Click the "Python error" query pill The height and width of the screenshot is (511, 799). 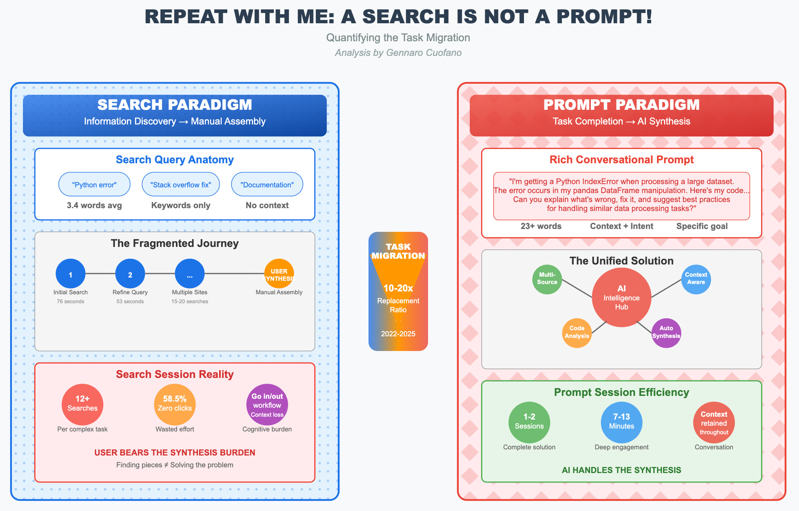tap(94, 184)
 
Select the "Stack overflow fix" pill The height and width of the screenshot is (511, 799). tap(180, 184)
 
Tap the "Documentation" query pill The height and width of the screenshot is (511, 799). tap(267, 184)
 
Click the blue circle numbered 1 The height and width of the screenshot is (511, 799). tap(71, 274)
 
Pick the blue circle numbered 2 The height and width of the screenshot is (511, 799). tap(130, 274)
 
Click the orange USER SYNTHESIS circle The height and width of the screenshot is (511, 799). tap(279, 274)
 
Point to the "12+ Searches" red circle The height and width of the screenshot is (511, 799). tap(82, 404)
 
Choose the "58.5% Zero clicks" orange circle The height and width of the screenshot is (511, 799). tap(175, 404)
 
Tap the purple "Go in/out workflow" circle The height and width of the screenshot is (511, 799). tap(267, 404)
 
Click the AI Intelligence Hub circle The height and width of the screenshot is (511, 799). tap(621, 298)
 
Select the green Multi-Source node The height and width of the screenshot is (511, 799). tap(547, 280)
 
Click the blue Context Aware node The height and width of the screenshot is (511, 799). tap(696, 279)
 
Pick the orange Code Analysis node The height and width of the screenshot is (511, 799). tap(577, 333)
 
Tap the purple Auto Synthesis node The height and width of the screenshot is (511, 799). tap(666, 333)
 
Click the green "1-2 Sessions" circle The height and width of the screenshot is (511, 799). tap(529, 422)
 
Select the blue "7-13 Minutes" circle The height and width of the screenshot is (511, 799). tap(621, 422)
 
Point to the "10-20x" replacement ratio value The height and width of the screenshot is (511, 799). tap(398, 288)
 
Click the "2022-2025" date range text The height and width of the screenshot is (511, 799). tap(398, 334)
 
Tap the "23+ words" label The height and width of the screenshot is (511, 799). tap(541, 226)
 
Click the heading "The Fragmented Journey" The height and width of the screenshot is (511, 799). tap(175, 243)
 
